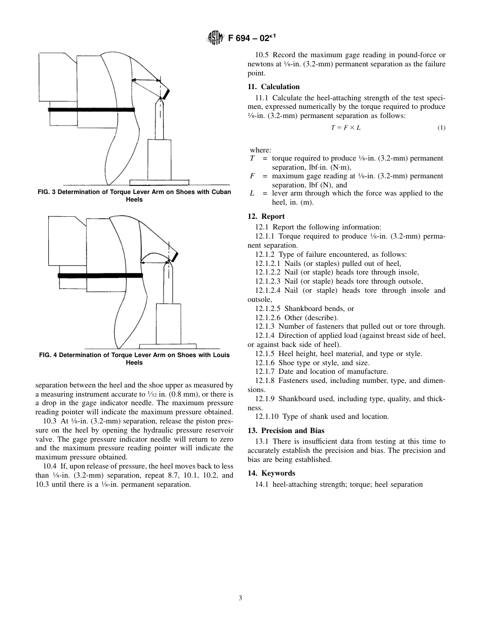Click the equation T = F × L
click(346, 128)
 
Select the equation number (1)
click(441, 128)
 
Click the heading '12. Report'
click(266, 216)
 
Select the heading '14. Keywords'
click(271, 473)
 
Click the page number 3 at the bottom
click(240, 598)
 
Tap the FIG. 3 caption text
click(134, 196)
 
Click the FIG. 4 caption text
click(134, 359)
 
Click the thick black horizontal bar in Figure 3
click(91, 109)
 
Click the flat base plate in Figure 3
click(159, 182)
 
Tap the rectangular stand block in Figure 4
click(168, 323)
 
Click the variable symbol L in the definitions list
click(252, 193)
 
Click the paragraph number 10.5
click(263, 55)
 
